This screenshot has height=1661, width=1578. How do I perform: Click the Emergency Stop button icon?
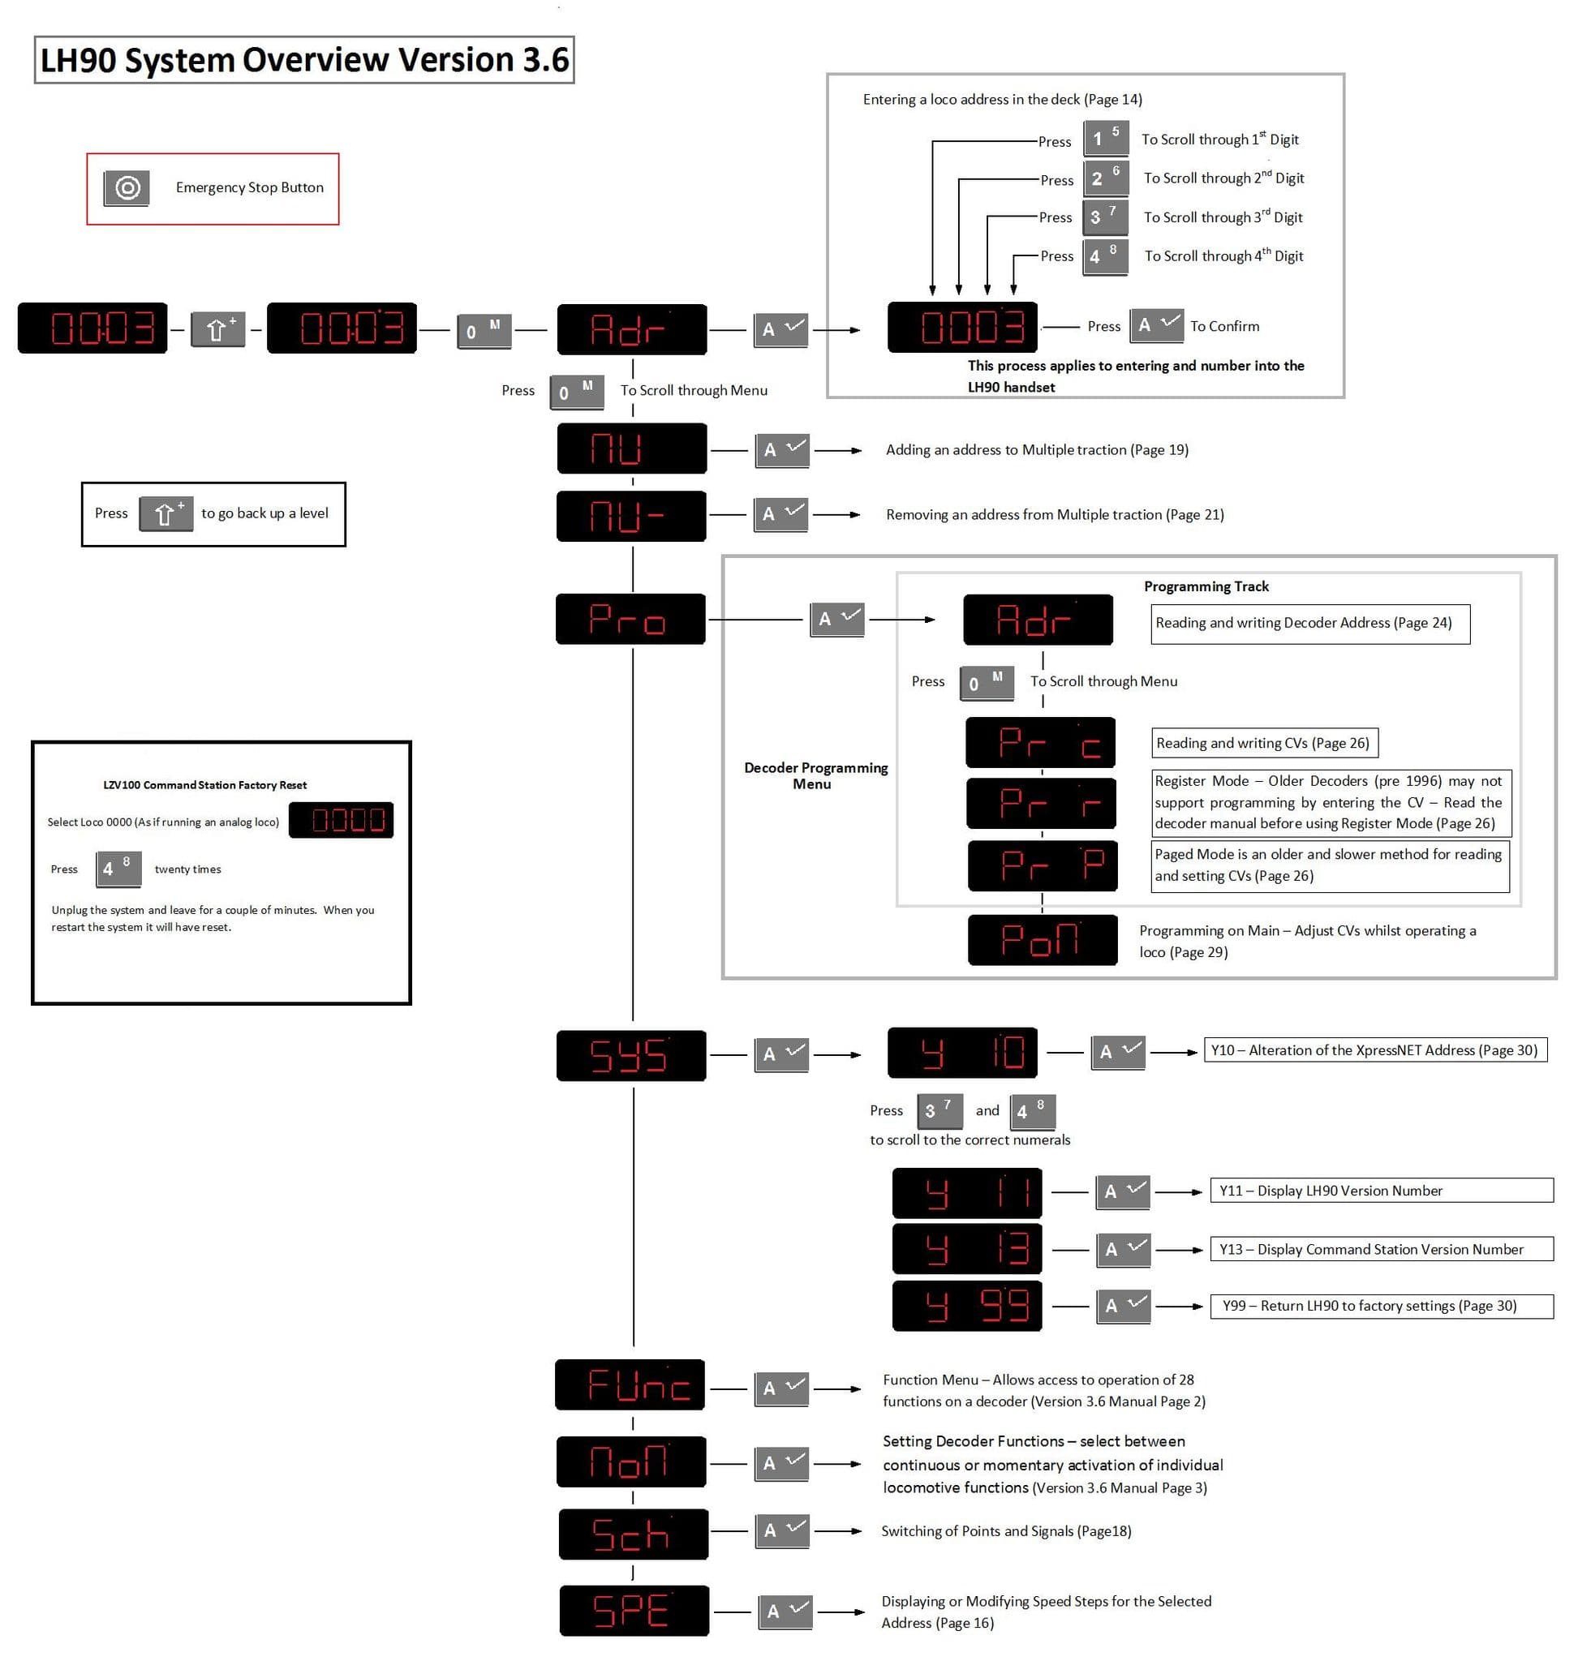coord(127,187)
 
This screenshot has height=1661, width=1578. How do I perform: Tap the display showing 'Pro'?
coord(631,619)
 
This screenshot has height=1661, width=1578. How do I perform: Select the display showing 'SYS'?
coord(631,1054)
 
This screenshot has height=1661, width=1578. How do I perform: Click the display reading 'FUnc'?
coord(630,1384)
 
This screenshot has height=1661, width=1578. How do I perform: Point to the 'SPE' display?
coord(634,1611)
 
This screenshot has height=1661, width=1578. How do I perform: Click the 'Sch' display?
coord(634,1534)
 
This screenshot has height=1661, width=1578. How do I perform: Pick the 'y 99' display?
coord(966,1306)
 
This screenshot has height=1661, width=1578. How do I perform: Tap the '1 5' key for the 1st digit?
coord(1105,138)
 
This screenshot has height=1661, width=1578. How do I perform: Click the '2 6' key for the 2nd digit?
coord(1105,178)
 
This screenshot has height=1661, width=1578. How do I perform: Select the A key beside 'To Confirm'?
coord(1156,324)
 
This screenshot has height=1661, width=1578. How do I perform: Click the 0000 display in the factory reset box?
coord(341,820)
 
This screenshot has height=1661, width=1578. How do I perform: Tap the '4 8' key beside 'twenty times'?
coord(117,868)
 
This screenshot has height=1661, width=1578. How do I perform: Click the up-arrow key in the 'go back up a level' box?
coord(166,513)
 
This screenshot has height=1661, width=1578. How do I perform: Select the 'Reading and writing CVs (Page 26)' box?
coord(1263,743)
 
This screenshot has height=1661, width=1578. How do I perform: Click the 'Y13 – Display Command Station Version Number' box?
coord(1380,1249)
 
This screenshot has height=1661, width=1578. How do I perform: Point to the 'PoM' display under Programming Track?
coord(1043,939)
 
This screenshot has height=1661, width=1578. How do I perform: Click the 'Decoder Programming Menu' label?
coord(815,775)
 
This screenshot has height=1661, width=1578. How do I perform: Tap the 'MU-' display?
coord(631,516)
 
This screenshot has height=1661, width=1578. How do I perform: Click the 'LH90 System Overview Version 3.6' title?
coord(304,60)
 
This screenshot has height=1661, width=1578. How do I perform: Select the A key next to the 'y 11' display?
coord(1122,1191)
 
